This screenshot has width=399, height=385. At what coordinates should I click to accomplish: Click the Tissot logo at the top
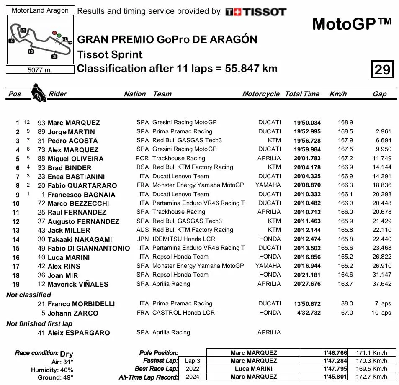pyautogui.click(x=256, y=12)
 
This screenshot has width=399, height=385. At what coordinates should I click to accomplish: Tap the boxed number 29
pyautogui.click(x=382, y=69)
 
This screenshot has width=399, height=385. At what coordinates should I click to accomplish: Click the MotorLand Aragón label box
pyautogui.click(x=40, y=10)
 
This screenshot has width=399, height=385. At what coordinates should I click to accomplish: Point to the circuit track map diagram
pyautogui.click(x=40, y=40)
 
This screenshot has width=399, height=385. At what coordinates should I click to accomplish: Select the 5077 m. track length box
pyautogui.click(x=40, y=70)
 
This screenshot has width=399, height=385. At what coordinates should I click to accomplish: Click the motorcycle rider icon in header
pyautogui.click(x=39, y=92)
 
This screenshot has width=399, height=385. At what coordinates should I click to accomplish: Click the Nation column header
pyautogui.click(x=135, y=94)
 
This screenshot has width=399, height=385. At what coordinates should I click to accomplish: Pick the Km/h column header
pyautogui.click(x=338, y=94)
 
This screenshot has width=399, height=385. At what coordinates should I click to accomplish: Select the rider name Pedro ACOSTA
pyautogui.click(x=72, y=141)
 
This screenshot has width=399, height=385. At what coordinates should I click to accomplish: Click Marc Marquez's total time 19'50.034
pyautogui.click(x=307, y=123)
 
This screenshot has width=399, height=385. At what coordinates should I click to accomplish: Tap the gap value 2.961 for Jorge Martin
pyautogui.click(x=384, y=132)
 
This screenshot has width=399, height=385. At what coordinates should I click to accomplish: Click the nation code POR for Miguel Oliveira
pyautogui.click(x=142, y=158)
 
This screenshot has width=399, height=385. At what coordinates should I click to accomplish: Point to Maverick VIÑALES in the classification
pyautogui.click(x=78, y=284)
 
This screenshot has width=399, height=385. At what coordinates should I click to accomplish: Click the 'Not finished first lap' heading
pyautogui.click(x=39, y=323)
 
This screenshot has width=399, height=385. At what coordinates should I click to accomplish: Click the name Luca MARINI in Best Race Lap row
pyautogui.click(x=254, y=369)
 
